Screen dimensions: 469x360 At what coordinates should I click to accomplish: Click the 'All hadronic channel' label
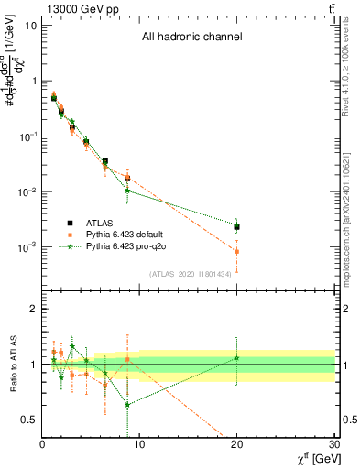[x=191, y=38]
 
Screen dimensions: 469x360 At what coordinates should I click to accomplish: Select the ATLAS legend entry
[x=92, y=223]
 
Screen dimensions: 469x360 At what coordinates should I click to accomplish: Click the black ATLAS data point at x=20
[x=237, y=226]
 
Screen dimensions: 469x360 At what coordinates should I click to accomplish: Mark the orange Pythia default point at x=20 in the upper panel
[x=237, y=251]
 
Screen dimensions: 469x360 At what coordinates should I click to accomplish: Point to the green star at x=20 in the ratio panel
[x=237, y=358]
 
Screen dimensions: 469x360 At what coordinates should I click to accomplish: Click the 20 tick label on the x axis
[x=237, y=444]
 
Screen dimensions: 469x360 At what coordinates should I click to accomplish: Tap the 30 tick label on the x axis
[x=334, y=444]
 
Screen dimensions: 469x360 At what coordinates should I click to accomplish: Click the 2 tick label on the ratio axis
[x=33, y=309]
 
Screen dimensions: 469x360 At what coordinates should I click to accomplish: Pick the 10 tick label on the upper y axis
[x=29, y=25]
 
